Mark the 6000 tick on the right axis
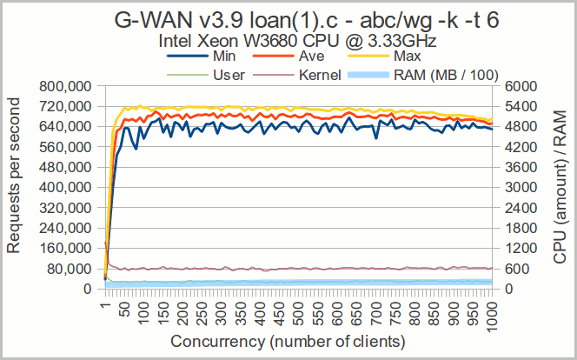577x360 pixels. [513, 86]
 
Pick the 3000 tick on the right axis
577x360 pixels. [513, 187]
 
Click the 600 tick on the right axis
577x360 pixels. [510, 269]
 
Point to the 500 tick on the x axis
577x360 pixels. [300, 310]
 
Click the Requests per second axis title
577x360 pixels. [15, 187]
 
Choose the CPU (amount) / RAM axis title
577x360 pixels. [560, 187]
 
